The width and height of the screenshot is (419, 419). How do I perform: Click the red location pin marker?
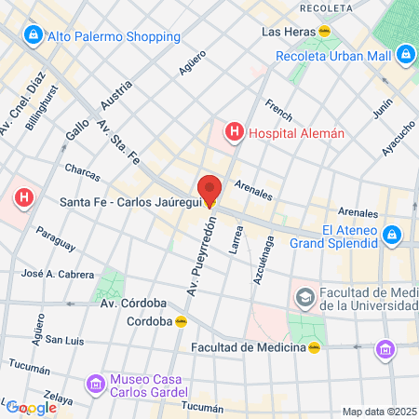209,189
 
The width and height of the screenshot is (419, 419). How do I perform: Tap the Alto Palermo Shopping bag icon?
33,35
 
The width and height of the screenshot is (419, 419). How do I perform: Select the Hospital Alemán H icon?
234,133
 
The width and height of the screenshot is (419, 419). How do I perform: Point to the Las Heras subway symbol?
324,31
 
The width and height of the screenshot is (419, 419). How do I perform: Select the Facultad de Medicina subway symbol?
316,348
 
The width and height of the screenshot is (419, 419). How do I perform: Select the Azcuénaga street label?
263,262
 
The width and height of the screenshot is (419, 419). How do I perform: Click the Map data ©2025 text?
378,412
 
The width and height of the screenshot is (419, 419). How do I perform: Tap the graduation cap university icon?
304,298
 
